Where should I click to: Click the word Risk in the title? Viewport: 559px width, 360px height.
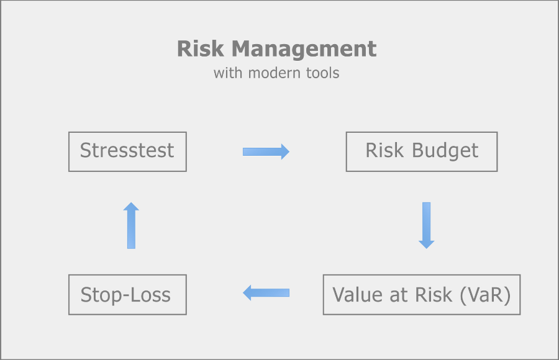click(201, 48)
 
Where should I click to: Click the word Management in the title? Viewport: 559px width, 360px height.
click(304, 50)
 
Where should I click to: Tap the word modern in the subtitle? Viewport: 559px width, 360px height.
click(274, 73)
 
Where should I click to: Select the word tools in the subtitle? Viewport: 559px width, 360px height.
click(322, 73)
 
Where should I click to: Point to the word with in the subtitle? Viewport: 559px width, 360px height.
click(228, 73)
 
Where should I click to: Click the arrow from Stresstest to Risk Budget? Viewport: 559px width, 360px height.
click(266, 152)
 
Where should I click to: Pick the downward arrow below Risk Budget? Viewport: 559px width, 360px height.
click(426, 225)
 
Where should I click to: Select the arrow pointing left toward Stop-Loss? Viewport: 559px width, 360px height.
click(266, 293)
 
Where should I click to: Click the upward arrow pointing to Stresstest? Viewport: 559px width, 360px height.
click(131, 225)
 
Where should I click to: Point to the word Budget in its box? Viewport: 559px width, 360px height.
click(445, 151)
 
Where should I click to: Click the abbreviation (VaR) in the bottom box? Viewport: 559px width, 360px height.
click(485, 295)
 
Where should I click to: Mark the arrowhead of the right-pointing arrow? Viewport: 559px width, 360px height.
click(285, 152)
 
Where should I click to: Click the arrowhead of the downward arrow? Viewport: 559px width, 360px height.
click(426, 245)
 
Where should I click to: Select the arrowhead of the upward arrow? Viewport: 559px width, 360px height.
click(131, 206)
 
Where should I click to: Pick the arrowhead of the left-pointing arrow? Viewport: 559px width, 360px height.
click(247, 293)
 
